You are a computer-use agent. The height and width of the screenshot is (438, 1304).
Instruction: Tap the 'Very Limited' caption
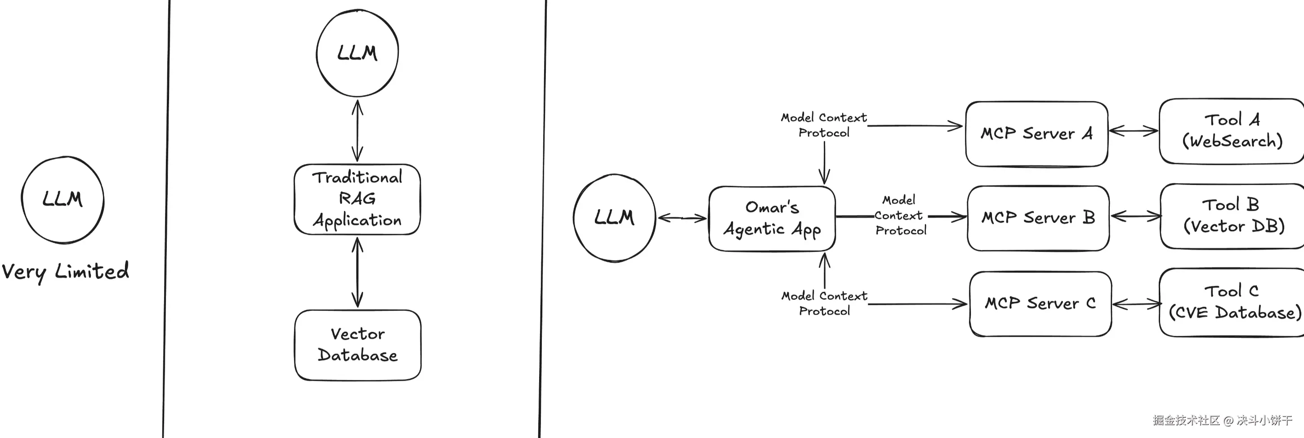click(x=65, y=272)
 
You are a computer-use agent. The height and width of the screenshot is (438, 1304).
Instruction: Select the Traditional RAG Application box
click(x=357, y=199)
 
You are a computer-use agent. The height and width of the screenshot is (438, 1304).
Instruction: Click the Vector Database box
click(x=357, y=345)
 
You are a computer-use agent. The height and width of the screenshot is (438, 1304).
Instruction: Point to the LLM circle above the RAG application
click(x=357, y=53)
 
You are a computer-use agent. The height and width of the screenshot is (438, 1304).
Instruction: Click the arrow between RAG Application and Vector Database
click(x=357, y=272)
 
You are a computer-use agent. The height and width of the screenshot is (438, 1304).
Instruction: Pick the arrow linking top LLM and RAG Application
click(x=357, y=131)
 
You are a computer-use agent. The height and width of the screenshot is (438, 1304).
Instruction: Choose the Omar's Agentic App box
click(x=772, y=218)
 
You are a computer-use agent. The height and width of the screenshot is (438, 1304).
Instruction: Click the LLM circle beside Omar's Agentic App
click(x=614, y=218)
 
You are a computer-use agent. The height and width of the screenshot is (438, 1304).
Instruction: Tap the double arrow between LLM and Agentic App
click(x=682, y=218)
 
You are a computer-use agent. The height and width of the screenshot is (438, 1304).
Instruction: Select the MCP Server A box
click(x=1036, y=134)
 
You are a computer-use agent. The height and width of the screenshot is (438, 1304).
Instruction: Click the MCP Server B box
click(x=1038, y=218)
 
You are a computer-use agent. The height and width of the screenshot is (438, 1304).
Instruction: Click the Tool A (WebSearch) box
click(x=1232, y=131)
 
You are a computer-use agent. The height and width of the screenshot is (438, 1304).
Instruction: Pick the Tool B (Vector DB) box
click(x=1233, y=216)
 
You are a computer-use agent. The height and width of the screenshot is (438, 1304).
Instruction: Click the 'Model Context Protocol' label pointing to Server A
click(x=824, y=125)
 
